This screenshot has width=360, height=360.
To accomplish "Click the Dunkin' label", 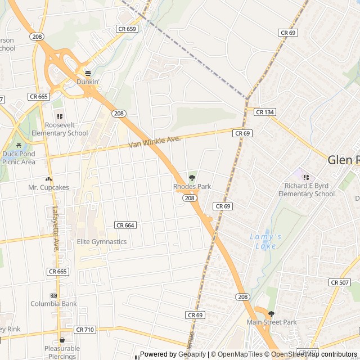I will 88,82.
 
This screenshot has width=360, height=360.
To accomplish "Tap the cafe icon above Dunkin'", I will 88,73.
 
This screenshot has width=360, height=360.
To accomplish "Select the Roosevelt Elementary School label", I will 60,129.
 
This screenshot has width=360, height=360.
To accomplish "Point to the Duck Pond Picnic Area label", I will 19,157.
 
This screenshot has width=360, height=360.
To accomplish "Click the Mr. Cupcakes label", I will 48,187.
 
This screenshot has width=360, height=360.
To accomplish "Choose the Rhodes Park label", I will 192,186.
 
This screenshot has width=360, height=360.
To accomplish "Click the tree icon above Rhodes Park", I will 192,178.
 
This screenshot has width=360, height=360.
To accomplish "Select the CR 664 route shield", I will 125,225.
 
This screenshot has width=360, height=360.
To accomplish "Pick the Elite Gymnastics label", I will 102,242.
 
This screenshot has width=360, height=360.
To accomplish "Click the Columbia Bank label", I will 54,304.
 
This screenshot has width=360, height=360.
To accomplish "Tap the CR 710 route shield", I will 84,330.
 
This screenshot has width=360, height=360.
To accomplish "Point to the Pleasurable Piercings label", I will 62,352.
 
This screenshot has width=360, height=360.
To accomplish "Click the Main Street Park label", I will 271,322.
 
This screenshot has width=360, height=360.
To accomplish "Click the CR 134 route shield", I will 264,112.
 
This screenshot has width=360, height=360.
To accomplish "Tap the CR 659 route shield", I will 127,29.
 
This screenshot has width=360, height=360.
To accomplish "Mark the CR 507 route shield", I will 340,282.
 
